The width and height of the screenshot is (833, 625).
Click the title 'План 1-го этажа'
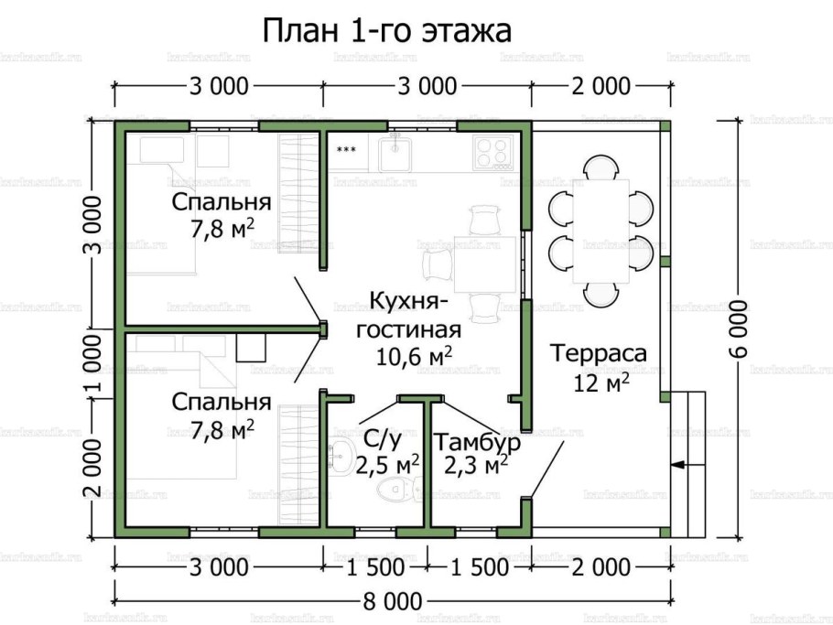(387, 30)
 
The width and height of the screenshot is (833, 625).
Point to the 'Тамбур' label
(476, 443)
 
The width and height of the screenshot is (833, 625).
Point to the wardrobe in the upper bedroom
(297, 190)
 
